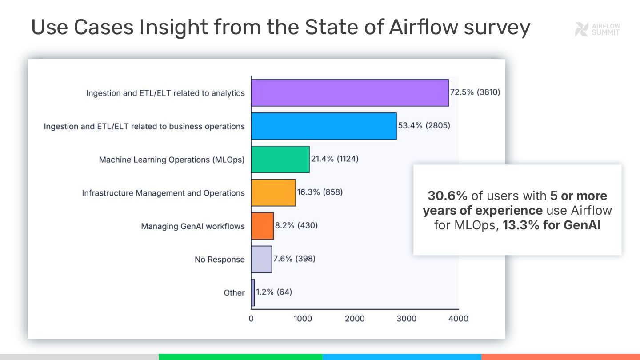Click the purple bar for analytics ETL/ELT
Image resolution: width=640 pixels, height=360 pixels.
(x=349, y=93)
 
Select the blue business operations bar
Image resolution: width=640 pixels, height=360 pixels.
(x=324, y=126)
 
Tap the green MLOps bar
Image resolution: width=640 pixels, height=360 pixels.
(x=280, y=159)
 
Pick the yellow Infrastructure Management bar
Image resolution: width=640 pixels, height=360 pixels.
(x=273, y=192)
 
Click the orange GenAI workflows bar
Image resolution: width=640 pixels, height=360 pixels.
(x=262, y=226)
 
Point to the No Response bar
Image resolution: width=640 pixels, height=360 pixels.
(x=261, y=259)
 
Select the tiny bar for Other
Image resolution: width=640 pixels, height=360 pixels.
(x=253, y=292)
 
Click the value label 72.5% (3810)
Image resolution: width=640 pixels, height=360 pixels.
(x=475, y=92)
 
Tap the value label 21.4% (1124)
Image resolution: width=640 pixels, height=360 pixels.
(x=334, y=159)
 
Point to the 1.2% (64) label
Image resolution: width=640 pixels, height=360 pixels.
(x=274, y=292)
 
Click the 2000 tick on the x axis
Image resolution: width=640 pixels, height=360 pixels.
(x=355, y=319)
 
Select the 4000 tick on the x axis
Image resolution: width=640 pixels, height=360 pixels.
(x=458, y=319)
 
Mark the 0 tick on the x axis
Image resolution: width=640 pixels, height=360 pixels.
(x=251, y=319)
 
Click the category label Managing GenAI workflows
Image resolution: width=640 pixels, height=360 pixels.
(x=192, y=226)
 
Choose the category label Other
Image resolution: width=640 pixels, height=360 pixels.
(x=234, y=293)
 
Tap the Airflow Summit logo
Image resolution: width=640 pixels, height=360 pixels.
(x=597, y=29)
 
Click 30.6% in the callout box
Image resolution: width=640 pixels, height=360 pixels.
(x=448, y=196)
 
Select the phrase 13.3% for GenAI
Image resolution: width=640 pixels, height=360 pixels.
(x=552, y=225)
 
